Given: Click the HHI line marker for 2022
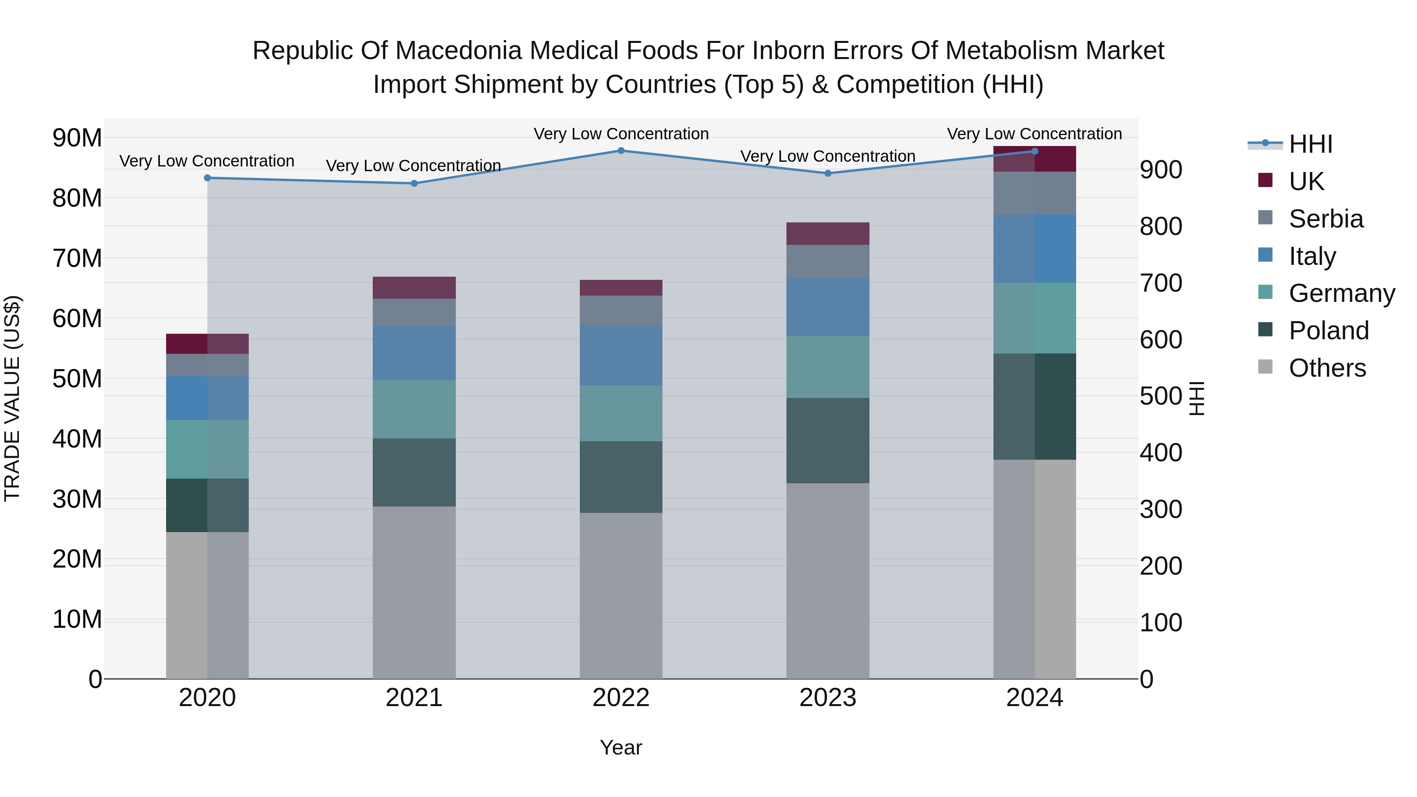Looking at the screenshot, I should pyautogui.click(x=621, y=151).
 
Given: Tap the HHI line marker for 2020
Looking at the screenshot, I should pyautogui.click(x=207, y=178).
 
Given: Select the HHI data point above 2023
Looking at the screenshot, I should pyautogui.click(x=828, y=173).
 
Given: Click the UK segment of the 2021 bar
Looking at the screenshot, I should pyautogui.click(x=414, y=288).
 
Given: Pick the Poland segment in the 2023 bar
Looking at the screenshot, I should pyautogui.click(x=828, y=440).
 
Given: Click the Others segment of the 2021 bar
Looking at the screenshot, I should pyautogui.click(x=414, y=592).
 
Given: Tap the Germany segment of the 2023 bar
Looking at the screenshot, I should pyautogui.click(x=828, y=367).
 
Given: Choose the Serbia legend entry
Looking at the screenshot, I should pyautogui.click(x=1326, y=219).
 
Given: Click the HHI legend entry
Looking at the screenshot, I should pyautogui.click(x=1310, y=144).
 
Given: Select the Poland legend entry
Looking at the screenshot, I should pyautogui.click(x=1328, y=331).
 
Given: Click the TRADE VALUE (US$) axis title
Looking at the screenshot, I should pyautogui.click(x=12, y=398).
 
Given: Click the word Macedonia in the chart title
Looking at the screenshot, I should pyautogui.click(x=458, y=51).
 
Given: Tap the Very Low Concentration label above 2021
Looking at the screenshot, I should pyautogui.click(x=413, y=166).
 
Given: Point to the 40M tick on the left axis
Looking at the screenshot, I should pyautogui.click(x=77, y=439).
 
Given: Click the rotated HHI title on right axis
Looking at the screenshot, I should pyautogui.click(x=1197, y=398).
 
